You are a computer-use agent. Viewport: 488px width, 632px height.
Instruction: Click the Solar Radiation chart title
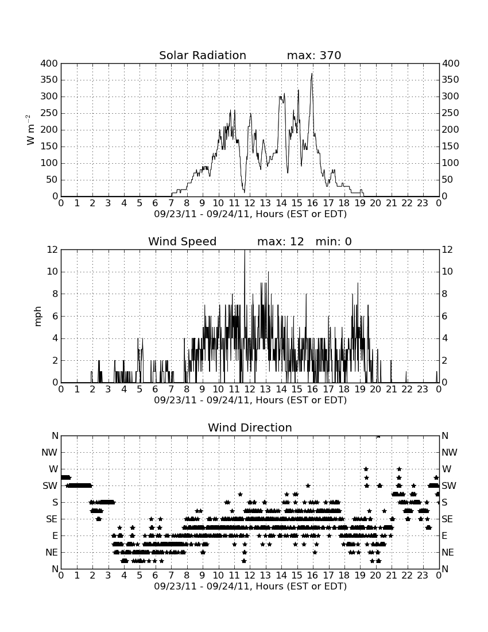pyautogui.click(x=203, y=55)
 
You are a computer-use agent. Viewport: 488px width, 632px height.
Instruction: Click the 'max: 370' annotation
pyautogui.click(x=314, y=55)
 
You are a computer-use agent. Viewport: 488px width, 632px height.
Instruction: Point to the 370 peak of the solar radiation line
pyautogui.click(x=312, y=74)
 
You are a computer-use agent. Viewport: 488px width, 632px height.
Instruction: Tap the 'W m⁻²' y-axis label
pyautogui.click(x=30, y=130)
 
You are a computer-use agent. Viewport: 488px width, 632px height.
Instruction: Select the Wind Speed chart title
pyautogui.click(x=183, y=241)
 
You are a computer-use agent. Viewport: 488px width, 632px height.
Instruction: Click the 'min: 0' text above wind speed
pyautogui.click(x=334, y=241)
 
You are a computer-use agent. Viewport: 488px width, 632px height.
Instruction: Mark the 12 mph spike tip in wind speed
pyautogui.click(x=245, y=251)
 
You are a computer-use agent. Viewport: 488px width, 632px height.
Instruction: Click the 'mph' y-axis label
pyautogui.click(x=37, y=316)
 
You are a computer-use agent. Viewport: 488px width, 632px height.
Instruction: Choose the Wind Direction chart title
pyautogui.click(x=250, y=427)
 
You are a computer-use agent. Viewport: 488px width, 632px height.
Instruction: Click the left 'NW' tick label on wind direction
pyautogui.click(x=50, y=453)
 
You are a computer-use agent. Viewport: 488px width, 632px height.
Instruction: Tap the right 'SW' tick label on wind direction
pyautogui.click(x=449, y=485)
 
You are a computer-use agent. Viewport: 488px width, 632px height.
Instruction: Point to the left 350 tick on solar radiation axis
pyautogui.click(x=49, y=80)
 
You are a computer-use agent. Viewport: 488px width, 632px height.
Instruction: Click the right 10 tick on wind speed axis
pyautogui.click(x=447, y=272)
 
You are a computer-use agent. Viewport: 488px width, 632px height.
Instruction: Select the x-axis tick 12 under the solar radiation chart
pyautogui.click(x=250, y=203)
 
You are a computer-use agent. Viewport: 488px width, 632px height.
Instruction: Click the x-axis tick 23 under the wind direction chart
pyautogui.click(x=423, y=576)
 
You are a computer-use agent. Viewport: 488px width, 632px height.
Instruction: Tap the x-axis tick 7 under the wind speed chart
pyautogui.click(x=171, y=390)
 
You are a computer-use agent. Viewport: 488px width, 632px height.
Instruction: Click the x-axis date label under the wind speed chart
pyautogui.click(x=250, y=400)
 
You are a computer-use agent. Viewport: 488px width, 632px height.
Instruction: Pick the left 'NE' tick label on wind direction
pyautogui.click(x=51, y=553)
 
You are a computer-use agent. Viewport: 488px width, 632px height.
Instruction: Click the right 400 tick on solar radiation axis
pyautogui.click(x=451, y=63)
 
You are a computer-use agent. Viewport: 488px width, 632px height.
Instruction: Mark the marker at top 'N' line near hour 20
pyautogui.click(x=378, y=436)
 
